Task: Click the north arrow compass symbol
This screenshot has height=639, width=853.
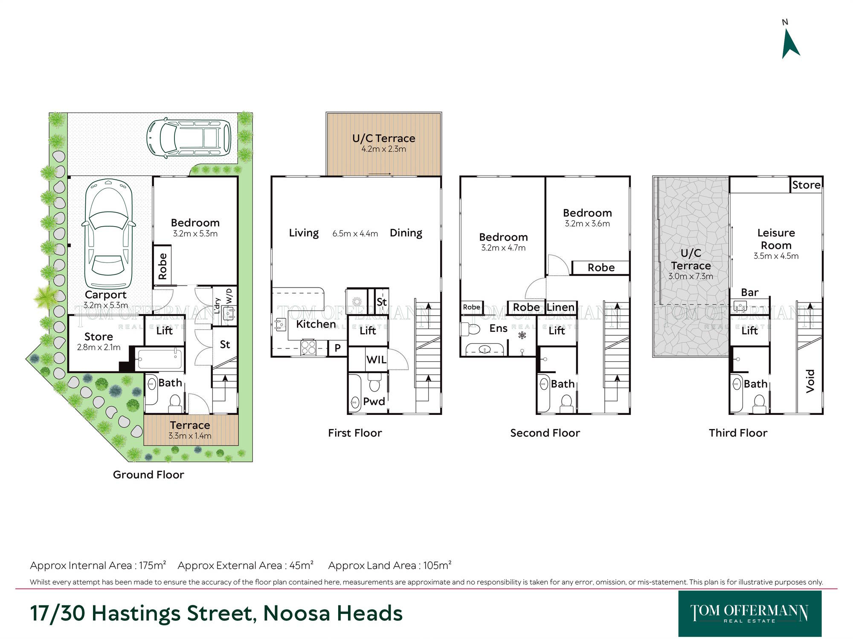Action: coord(790,45)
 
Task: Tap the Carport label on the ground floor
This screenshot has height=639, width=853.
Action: coord(105,295)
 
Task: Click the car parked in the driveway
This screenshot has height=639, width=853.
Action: coord(189,138)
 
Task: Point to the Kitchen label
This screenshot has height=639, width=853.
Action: coord(316,324)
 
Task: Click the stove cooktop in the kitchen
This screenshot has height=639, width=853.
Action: coord(308,347)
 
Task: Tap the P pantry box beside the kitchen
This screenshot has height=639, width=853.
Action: coord(337,348)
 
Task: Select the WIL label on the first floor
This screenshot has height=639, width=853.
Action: coord(376,360)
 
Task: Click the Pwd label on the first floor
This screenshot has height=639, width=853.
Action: coord(374,401)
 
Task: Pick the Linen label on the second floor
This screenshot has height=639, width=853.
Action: coord(560,307)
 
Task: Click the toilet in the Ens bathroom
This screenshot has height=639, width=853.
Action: coord(470,329)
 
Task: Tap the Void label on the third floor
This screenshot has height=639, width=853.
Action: coord(810,381)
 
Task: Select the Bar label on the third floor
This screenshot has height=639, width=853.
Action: coord(750,292)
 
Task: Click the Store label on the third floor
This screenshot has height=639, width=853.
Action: coord(806,185)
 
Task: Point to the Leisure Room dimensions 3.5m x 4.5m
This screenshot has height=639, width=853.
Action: coord(776,256)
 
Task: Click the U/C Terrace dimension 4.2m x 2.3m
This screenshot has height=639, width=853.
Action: coord(383,149)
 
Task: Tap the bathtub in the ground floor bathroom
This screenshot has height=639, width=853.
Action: coord(160,359)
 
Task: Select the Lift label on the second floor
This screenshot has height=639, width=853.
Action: coord(557,331)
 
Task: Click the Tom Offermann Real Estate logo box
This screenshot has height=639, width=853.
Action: coord(750,613)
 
